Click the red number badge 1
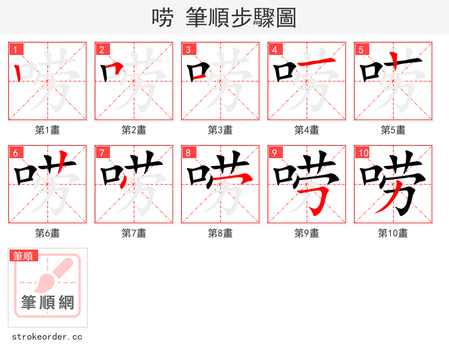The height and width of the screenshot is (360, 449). click(x=16, y=49)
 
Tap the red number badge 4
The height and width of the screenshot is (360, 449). click(x=275, y=49)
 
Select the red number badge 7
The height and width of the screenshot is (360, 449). click(x=102, y=153)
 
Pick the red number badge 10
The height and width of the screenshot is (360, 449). click(x=363, y=153)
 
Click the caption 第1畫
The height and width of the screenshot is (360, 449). click(x=47, y=130)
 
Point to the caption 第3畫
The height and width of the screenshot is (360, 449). click(x=220, y=130)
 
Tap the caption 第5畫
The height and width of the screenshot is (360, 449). click(x=393, y=130)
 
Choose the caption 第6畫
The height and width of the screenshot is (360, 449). click(x=47, y=233)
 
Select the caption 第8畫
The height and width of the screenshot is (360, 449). click(x=220, y=233)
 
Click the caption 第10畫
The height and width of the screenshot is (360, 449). click(x=393, y=233)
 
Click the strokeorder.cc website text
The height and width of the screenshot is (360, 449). click(x=47, y=337)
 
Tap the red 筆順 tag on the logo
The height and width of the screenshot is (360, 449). click(x=24, y=256)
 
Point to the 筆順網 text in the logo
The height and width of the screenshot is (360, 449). click(x=48, y=303)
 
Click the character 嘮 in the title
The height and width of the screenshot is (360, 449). click(x=162, y=18)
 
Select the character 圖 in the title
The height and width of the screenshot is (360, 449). click(x=286, y=18)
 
